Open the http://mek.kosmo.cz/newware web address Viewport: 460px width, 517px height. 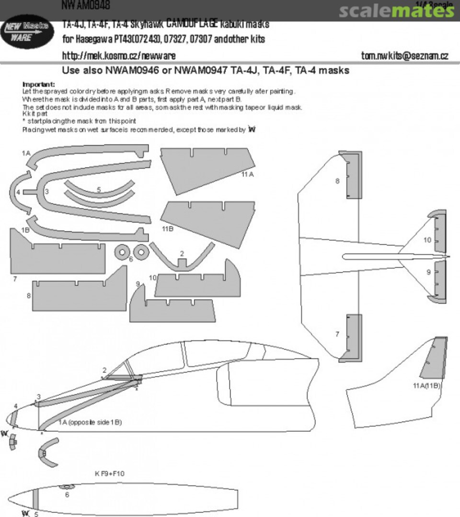pos(118,56)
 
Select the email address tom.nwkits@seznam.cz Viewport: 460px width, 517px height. pos(404,56)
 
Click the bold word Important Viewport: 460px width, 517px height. pos(39,85)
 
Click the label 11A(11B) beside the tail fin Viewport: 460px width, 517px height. pos(426,385)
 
